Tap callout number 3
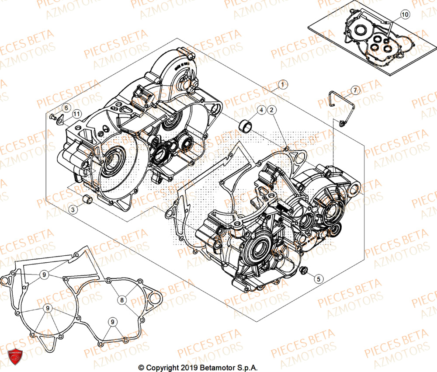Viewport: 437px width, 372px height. pyautogui.click(x=73, y=210)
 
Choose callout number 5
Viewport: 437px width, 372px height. pyautogui.click(x=318, y=278)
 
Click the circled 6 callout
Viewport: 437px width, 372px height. pyautogui.click(x=65, y=108)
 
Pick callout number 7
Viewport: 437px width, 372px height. pyautogui.click(x=355, y=90)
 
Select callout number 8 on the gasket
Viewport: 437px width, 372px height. pyautogui.click(x=122, y=300)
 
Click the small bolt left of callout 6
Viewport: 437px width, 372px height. pyautogui.click(x=53, y=117)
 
